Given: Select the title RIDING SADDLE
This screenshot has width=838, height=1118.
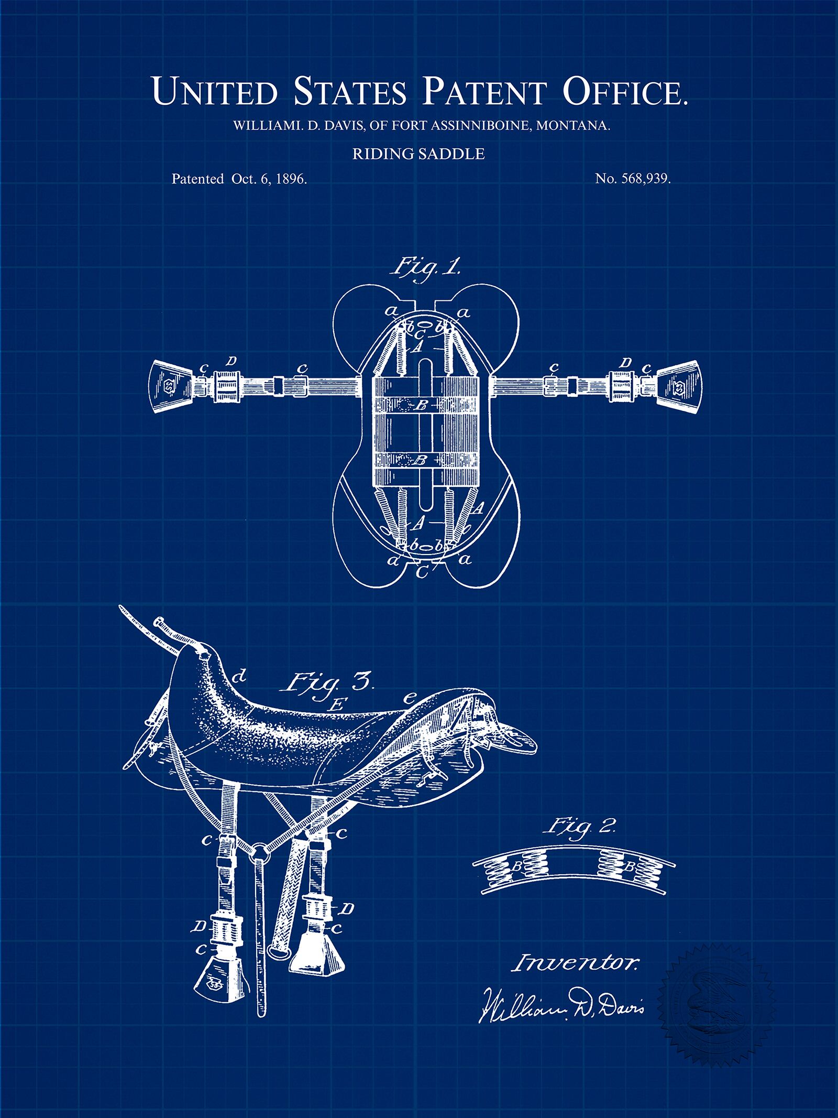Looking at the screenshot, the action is [x=418, y=154].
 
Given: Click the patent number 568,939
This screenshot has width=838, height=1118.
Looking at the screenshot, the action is [x=646, y=179].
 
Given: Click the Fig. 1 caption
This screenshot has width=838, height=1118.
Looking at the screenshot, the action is [x=425, y=268].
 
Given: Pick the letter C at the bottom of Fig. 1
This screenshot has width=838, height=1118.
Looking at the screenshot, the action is [x=421, y=572].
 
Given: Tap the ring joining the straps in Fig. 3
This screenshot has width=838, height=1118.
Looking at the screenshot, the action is [x=258, y=852].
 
